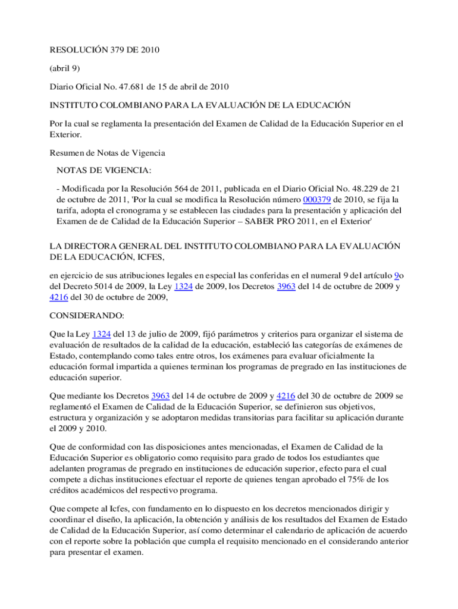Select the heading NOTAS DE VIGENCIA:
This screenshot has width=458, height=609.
[x=104, y=171]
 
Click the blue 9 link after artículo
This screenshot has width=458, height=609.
[x=397, y=275]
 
